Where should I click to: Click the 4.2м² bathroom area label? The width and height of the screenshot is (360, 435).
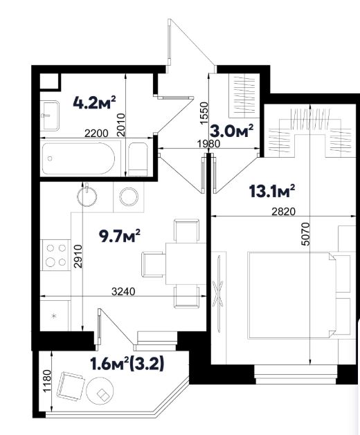[94, 102]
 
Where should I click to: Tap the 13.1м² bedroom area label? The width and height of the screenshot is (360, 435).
[272, 191]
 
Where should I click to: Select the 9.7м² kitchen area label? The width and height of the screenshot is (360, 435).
[120, 236]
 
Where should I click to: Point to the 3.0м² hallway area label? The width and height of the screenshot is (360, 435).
[232, 131]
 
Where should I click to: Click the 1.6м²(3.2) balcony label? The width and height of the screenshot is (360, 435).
[127, 364]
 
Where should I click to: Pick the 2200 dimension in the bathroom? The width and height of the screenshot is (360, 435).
[96, 133]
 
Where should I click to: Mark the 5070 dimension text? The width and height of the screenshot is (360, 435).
[305, 234]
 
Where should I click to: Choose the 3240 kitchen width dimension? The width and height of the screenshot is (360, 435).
[123, 292]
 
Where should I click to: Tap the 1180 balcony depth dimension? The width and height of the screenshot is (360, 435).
[47, 380]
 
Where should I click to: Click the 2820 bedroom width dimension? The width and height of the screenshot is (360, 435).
[284, 212]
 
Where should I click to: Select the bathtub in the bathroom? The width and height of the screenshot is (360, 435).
[79, 158]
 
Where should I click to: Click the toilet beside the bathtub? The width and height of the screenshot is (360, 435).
[138, 159]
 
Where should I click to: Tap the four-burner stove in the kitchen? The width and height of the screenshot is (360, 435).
[56, 255]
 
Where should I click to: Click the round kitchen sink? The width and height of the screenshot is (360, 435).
[87, 196]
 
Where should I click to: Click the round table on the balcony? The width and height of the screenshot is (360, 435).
[100, 391]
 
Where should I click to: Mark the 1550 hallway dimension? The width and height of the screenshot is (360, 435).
[204, 113]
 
